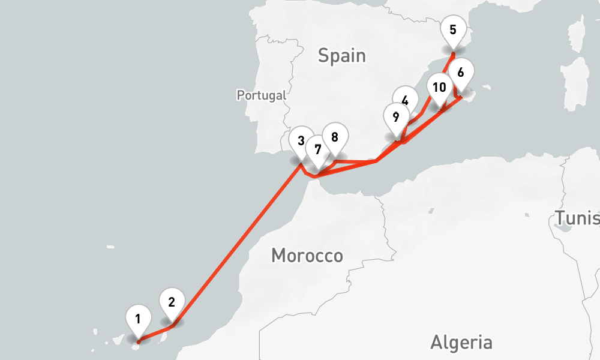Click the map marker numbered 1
coord(138,319)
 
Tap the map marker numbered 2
coord(172,302)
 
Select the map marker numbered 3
coord(301,140)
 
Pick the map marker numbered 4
coord(405,100)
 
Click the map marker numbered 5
coord(452,29)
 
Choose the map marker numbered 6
coord(461,73)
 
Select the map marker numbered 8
coord(335,137)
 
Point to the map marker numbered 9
coord(395,117)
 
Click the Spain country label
coord(341,56)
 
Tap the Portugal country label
coord(262,95)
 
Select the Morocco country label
coord(307,256)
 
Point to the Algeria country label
coord(461,343)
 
